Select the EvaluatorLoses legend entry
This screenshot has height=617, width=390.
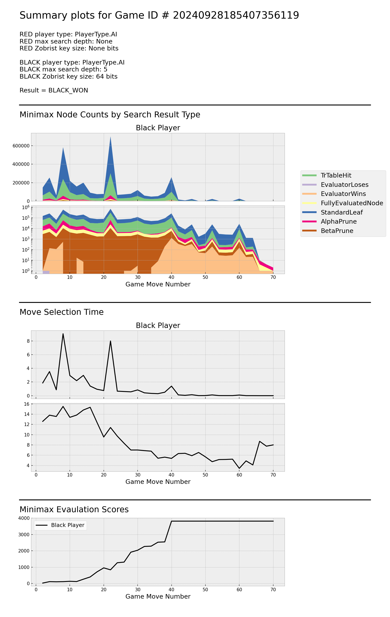click(344, 184)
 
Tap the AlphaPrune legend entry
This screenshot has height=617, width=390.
click(338, 221)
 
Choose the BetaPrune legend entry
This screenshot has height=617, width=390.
click(337, 231)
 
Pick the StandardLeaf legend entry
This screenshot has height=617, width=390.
click(341, 212)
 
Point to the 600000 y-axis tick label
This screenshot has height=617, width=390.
click(21, 146)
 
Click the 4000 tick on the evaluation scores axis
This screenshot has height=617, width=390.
click(24, 518)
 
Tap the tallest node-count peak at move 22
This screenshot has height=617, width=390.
click(110, 137)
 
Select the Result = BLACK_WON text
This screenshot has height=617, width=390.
click(54, 90)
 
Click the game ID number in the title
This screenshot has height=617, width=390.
click(236, 15)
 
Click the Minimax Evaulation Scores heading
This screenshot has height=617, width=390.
click(74, 509)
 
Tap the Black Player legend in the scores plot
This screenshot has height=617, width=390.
click(60, 525)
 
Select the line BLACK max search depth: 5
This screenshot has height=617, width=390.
click(63, 69)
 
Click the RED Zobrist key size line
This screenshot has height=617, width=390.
click(69, 48)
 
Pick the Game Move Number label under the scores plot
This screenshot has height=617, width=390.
click(158, 596)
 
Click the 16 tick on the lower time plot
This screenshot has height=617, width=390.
click(27, 404)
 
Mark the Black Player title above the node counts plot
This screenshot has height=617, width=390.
click(158, 128)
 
